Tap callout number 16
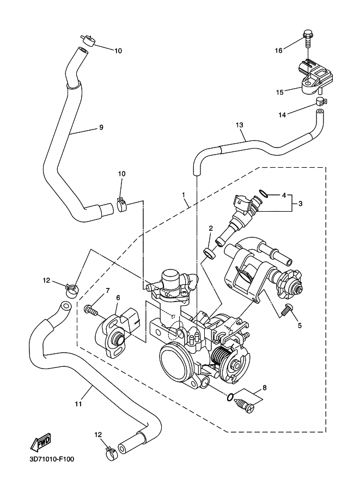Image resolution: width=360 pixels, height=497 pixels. [x=278, y=51]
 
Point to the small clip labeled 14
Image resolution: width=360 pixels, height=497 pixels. [x=321, y=101]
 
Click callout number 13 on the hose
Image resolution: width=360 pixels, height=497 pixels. [x=239, y=125]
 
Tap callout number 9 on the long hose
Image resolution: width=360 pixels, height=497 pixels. [x=101, y=127]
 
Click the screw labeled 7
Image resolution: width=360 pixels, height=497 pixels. [x=91, y=310]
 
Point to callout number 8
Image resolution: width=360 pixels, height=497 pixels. [x=264, y=388]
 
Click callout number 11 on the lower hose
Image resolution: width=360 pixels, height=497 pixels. [x=78, y=404]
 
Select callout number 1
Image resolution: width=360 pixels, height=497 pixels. [x=184, y=194]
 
